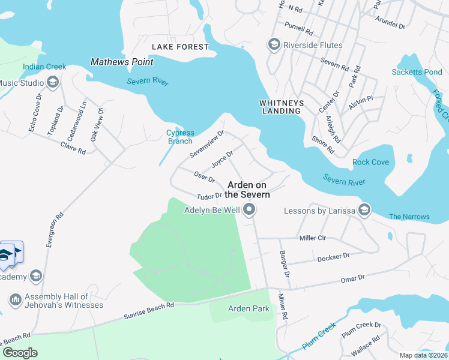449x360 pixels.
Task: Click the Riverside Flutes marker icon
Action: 274,45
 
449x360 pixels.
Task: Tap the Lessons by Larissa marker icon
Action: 364,209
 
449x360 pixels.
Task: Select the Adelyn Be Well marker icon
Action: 249,210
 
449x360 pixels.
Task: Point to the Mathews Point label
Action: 122,62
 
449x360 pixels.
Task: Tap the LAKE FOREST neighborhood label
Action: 180,47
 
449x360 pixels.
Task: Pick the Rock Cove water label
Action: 370,162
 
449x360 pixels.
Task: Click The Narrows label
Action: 409,217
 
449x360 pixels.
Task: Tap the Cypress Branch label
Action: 180,137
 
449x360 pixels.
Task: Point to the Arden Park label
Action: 249,309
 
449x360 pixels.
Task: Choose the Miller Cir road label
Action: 312,238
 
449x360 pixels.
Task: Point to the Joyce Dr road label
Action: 222,160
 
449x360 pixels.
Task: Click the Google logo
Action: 20,353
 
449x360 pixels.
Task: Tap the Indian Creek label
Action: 44,67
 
